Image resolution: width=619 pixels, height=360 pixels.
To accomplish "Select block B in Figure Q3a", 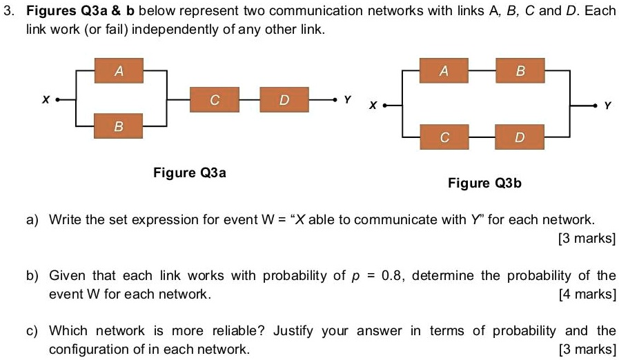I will coord(119,126).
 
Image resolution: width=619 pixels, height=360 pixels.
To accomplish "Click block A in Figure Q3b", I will coord(444,70).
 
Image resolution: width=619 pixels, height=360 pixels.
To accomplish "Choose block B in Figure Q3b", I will coord(520,70).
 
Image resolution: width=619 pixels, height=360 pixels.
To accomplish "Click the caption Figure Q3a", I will coord(189,172).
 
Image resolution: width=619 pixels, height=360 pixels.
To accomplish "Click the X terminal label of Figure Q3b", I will coord(373,106).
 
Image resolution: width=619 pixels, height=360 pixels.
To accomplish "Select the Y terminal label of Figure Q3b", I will coord(607,106).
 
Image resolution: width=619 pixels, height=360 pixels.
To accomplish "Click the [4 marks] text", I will coord(587,294).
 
